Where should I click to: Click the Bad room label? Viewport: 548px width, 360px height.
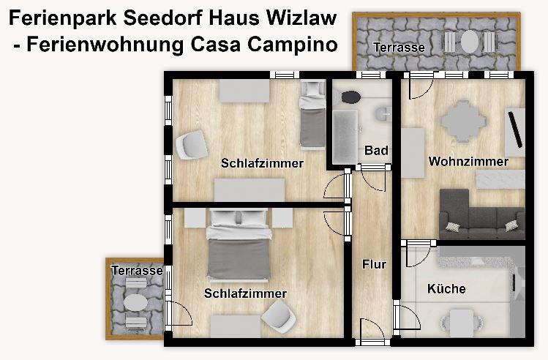(x=376, y=150)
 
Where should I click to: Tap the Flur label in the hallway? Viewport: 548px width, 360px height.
(x=374, y=264)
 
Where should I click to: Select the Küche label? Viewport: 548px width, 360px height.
(x=446, y=289)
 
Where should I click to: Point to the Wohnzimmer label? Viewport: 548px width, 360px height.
(x=468, y=162)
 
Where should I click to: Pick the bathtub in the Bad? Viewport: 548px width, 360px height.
(x=345, y=137)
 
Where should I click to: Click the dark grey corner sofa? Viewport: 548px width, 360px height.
(x=481, y=214)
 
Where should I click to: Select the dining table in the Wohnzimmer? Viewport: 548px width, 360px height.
(x=463, y=121)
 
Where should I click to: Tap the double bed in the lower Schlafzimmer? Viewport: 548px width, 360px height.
(x=239, y=244)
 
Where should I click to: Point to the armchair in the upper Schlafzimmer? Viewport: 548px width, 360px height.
(x=192, y=145)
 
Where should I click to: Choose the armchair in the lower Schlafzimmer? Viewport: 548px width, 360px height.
(x=279, y=317)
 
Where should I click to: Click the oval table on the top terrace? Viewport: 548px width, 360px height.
(x=469, y=42)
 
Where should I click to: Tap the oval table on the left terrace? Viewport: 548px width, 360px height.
(x=135, y=303)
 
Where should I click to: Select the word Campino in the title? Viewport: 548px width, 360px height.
(x=292, y=45)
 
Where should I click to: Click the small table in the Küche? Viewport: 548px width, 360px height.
(x=462, y=323)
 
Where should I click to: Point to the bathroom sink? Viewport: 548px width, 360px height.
(x=383, y=114)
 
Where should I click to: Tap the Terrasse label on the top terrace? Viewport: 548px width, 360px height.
(x=399, y=47)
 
